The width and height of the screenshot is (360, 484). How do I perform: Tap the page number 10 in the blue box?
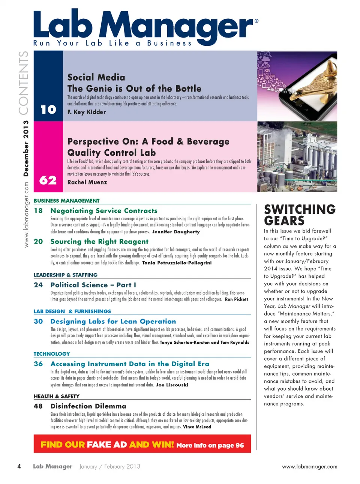(48, 110)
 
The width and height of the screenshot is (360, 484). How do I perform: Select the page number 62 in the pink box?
(48, 180)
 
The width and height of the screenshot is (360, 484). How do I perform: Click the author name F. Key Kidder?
(87, 112)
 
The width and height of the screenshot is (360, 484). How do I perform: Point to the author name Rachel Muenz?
(87, 182)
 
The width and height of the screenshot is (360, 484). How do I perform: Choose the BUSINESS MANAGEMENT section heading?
(67, 201)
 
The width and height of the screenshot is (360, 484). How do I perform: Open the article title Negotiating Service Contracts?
(104, 211)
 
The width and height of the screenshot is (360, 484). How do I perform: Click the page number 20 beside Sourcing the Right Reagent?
(38, 242)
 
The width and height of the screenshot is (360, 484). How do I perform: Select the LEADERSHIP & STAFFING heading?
(66, 275)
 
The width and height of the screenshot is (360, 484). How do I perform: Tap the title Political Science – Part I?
(93, 285)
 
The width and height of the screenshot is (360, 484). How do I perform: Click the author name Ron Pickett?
(236, 299)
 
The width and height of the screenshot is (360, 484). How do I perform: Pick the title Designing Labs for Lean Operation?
(113, 322)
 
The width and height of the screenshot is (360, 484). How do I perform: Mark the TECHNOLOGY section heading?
(52, 354)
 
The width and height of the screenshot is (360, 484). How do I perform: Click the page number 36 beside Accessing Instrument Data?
(38, 364)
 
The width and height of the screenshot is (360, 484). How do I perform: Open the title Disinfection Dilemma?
(88, 406)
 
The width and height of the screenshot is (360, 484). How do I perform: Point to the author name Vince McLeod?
(197, 427)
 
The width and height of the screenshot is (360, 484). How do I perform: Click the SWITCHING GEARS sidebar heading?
(300, 215)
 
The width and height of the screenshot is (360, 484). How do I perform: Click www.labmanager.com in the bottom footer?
(309, 467)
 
